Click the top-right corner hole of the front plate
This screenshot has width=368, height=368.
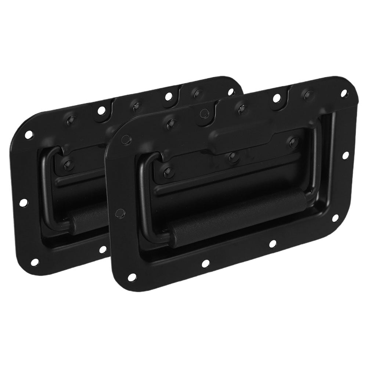[344, 93]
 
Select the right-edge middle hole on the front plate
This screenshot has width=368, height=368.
[346, 156]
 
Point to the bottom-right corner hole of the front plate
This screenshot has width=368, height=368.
[335, 218]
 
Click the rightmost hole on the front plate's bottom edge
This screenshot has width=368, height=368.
[272, 243]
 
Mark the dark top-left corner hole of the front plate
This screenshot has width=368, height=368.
[126, 138]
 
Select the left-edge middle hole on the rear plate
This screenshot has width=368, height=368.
[24, 202]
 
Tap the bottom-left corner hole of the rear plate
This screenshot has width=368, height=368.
[34, 262]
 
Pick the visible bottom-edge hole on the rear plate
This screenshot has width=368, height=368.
[102, 249]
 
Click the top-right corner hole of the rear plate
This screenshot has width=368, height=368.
[231, 92]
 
